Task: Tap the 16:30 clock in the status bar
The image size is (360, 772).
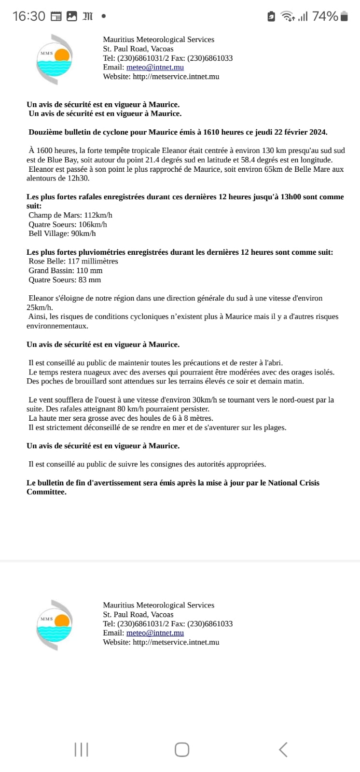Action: (28, 16)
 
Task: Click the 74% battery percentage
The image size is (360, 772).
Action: (325, 16)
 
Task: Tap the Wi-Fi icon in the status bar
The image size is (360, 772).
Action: (288, 16)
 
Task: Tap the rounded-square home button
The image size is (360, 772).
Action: (181, 749)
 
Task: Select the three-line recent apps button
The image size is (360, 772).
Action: (81, 749)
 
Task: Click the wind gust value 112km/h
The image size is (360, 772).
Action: (98, 215)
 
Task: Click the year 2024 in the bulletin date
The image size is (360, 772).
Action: (317, 132)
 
